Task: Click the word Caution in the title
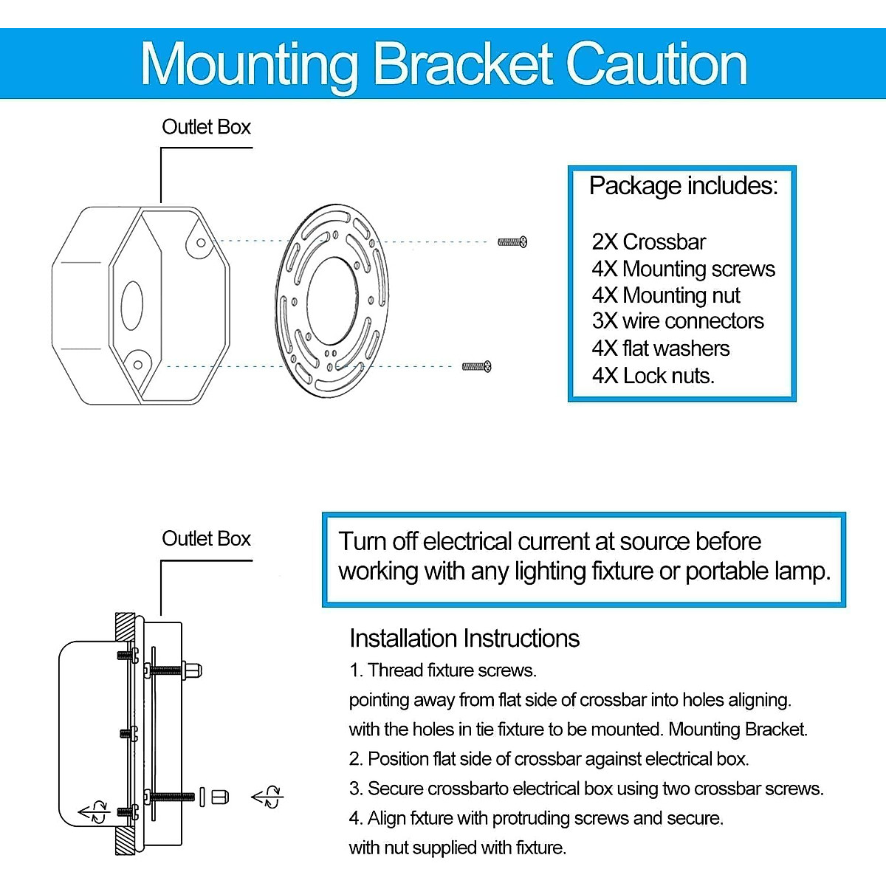(x=656, y=65)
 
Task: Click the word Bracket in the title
(x=463, y=65)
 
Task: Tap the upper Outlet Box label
(x=206, y=127)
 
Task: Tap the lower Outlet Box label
(x=206, y=539)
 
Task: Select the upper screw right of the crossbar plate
(x=512, y=241)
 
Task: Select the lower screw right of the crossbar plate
(x=477, y=366)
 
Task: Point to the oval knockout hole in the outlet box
(x=131, y=305)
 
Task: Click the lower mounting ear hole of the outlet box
(x=137, y=365)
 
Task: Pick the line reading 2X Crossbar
(x=648, y=242)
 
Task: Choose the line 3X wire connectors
(x=677, y=321)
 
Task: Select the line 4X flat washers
(x=660, y=348)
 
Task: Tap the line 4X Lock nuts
(x=653, y=376)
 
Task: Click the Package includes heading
(x=683, y=186)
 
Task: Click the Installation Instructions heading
(x=464, y=639)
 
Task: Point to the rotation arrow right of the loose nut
(x=267, y=797)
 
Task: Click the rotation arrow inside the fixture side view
(x=94, y=812)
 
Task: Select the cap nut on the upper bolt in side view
(x=193, y=670)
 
